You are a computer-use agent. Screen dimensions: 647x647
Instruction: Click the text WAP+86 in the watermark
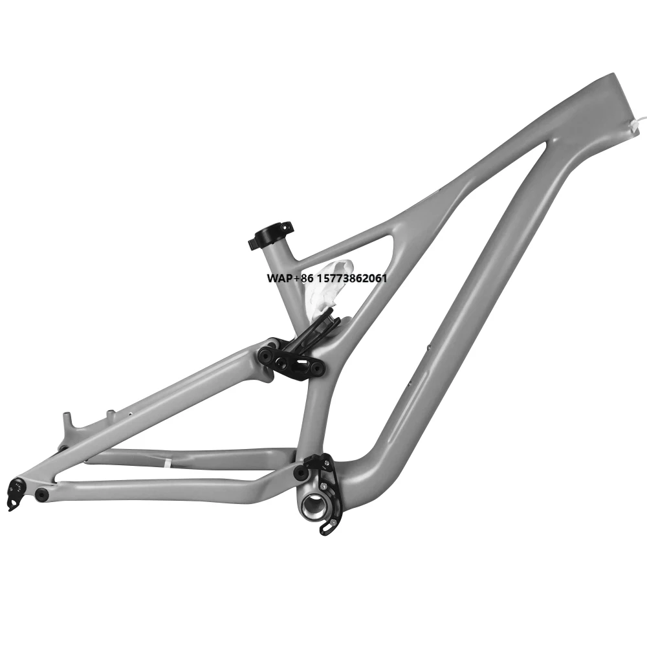tap(289, 278)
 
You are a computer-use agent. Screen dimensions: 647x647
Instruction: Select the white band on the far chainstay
tap(166, 463)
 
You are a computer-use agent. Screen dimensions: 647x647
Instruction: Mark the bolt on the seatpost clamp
tap(252, 243)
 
